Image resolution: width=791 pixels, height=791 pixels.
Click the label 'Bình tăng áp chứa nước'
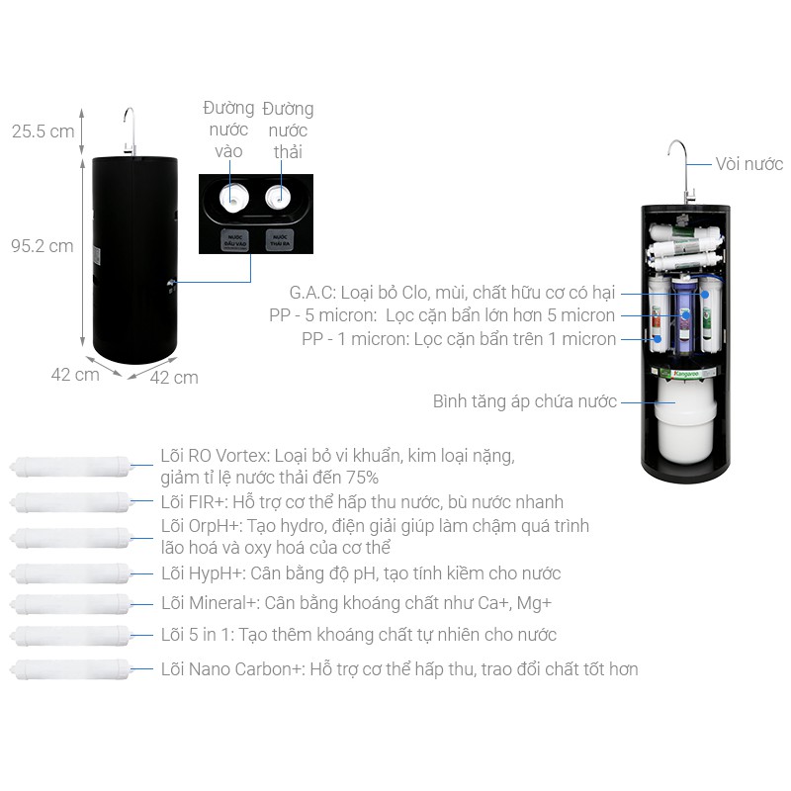tap(524, 401)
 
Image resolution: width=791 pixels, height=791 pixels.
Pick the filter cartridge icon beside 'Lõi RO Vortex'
tap(71, 466)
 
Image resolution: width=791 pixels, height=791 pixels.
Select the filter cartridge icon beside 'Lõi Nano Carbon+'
tap(71, 669)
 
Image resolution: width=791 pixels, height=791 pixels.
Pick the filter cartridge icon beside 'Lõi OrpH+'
tap(71, 538)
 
